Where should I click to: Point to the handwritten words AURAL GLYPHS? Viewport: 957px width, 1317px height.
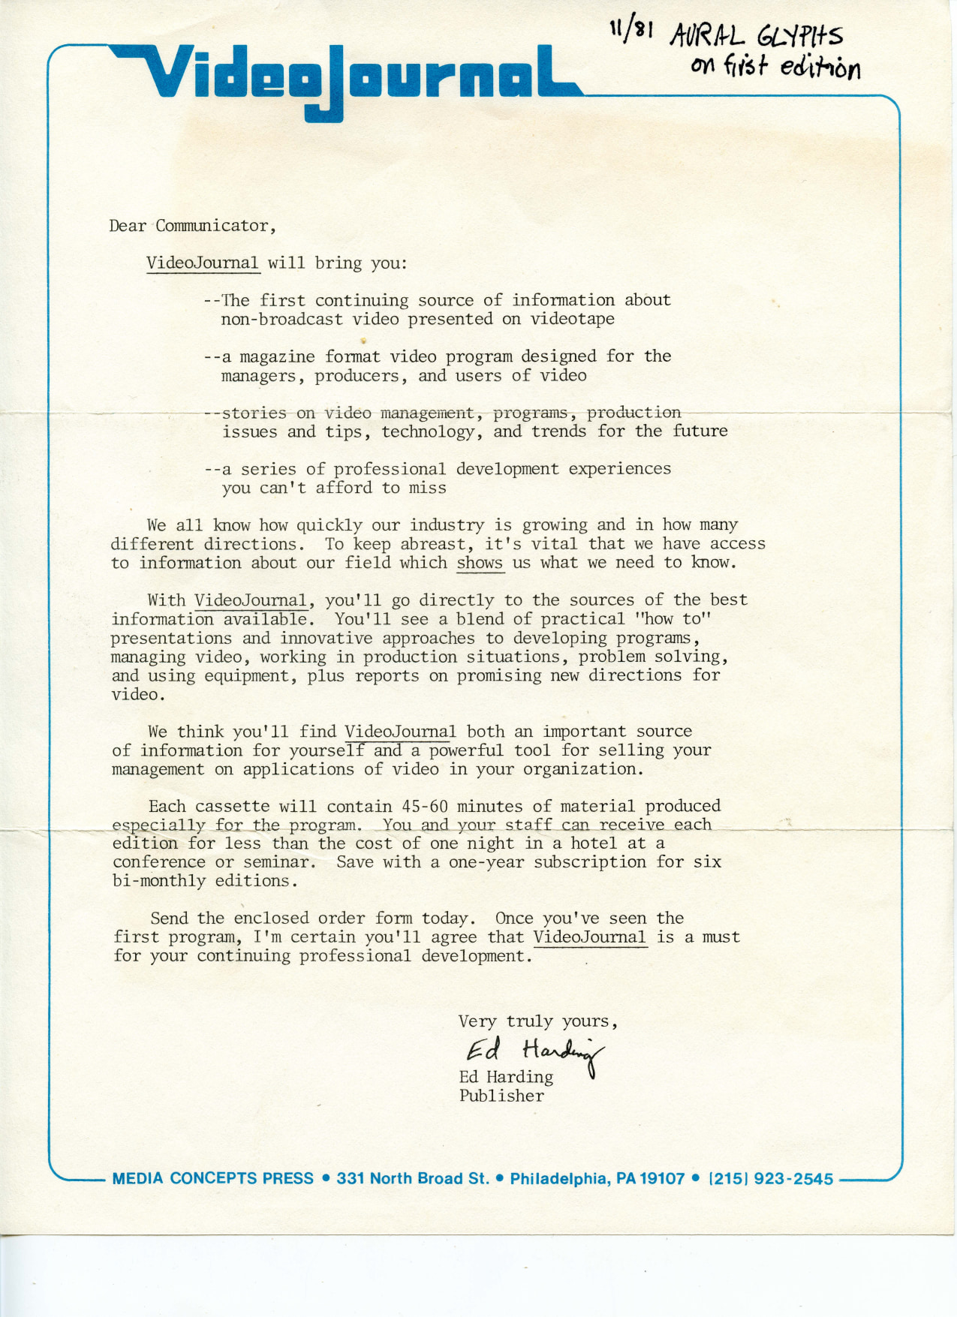click(757, 36)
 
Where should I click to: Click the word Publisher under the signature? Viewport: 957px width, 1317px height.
click(501, 1096)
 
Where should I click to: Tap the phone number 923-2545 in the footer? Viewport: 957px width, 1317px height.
click(793, 1179)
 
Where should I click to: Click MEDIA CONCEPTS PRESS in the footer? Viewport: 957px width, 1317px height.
click(212, 1179)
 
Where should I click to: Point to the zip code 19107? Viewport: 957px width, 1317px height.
click(661, 1179)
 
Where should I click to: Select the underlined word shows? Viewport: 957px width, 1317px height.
click(480, 563)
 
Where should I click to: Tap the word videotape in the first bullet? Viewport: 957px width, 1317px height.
click(572, 319)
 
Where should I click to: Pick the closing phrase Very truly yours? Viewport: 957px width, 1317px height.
click(537, 1021)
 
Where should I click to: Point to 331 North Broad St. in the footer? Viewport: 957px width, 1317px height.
click(413, 1179)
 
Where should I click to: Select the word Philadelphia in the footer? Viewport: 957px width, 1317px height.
click(559, 1179)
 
